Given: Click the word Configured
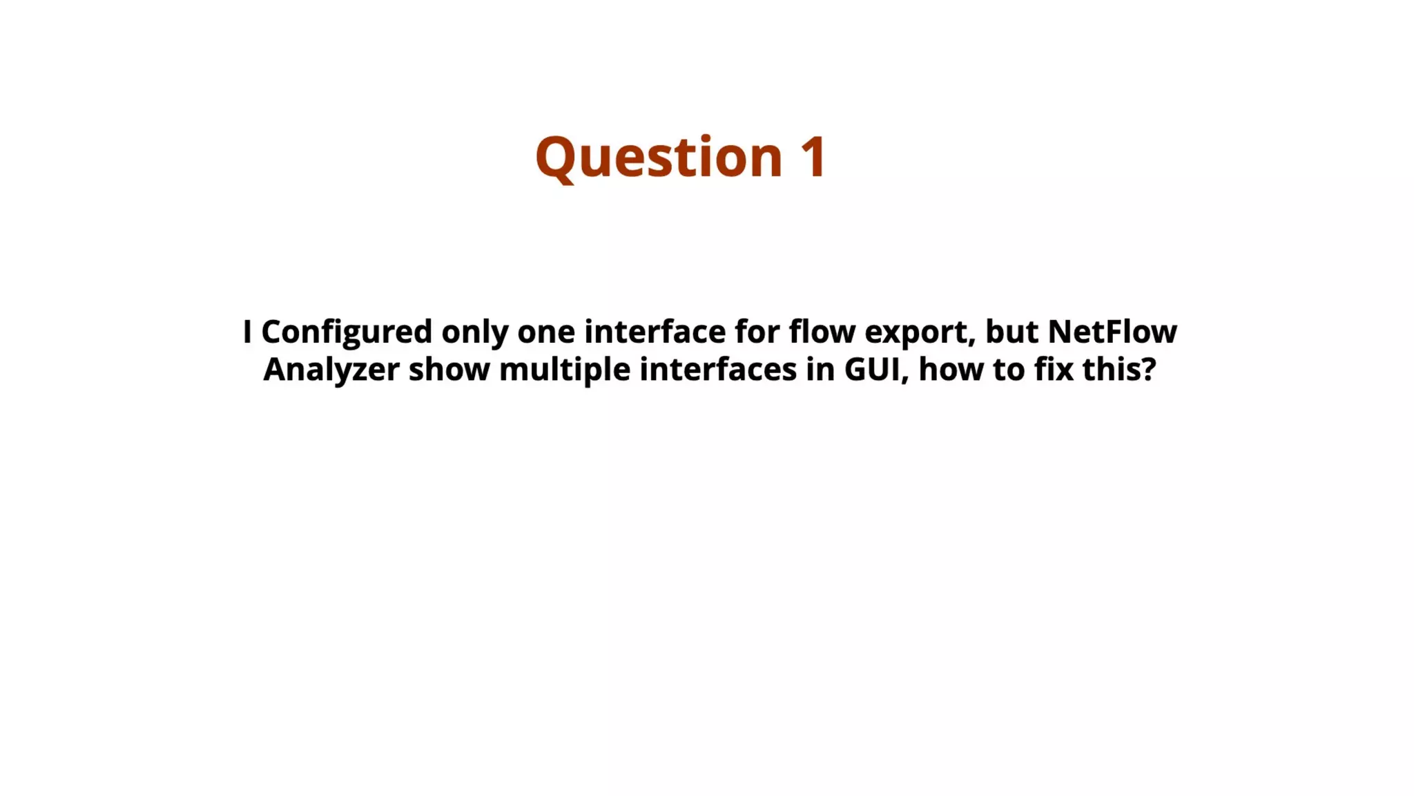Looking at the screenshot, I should tap(347, 332).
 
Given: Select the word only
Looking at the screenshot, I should tap(474, 332).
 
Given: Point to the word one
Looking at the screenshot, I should tap(545, 332).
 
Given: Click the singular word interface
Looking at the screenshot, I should tap(655, 332).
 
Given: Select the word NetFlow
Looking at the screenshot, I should tap(1112, 332).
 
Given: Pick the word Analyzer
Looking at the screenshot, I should tap(331, 370).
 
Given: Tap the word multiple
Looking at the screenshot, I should tap(565, 370).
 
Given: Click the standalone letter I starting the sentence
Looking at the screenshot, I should tap(247, 332).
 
